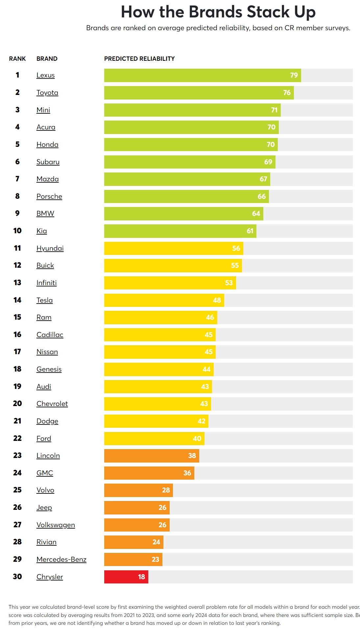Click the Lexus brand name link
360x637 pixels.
click(x=45, y=75)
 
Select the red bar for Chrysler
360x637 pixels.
click(x=126, y=577)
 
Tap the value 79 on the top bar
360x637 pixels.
click(x=294, y=75)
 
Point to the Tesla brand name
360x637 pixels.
click(x=44, y=300)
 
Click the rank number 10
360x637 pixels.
click(x=17, y=231)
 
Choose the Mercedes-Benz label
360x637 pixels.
click(x=61, y=559)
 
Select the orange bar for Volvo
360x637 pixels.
click(x=138, y=490)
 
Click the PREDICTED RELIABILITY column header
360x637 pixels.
click(x=139, y=59)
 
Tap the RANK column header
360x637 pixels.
click(x=17, y=59)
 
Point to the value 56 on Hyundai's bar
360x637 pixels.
click(x=236, y=248)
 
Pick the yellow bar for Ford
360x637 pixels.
click(x=154, y=438)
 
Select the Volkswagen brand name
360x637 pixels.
click(x=56, y=525)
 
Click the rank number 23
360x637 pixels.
click(x=17, y=455)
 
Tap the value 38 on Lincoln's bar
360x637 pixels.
click(x=192, y=456)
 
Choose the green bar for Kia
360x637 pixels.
click(x=180, y=231)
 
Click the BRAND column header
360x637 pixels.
click(x=47, y=59)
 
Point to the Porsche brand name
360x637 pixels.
click(x=49, y=196)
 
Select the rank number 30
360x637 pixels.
click(x=17, y=577)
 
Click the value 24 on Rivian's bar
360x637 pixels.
click(x=156, y=542)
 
